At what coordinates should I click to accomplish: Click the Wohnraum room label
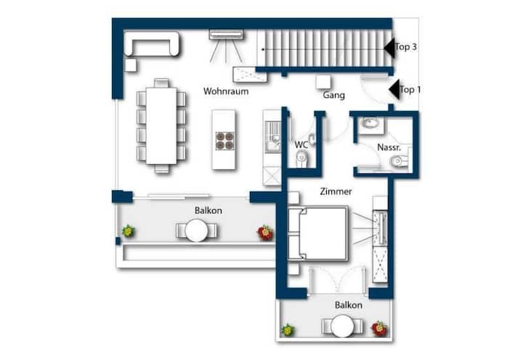226,91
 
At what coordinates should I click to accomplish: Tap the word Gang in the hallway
333,95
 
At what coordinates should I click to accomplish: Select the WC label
301,145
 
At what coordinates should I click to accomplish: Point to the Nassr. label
389,147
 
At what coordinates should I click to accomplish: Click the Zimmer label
336,192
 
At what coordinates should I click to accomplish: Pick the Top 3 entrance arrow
389,48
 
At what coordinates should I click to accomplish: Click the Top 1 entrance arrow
394,89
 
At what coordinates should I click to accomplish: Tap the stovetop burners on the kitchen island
224,141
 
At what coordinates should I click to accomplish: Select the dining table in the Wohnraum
161,126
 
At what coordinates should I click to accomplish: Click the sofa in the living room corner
152,44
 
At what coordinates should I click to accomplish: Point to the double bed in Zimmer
318,233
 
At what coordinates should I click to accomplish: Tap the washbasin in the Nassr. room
370,123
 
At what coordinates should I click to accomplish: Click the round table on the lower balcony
342,326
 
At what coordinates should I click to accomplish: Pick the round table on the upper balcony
197,230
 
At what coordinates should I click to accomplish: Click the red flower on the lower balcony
379,329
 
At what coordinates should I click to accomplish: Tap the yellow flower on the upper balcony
128,231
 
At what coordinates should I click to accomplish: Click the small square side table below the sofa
131,65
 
